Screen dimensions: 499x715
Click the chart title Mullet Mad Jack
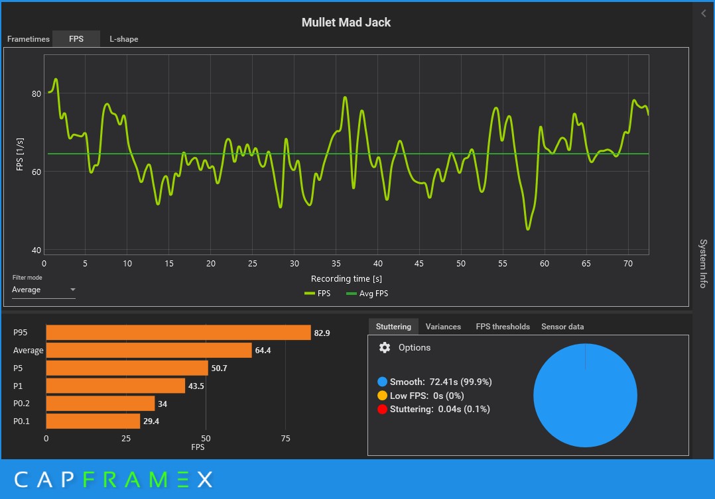point(346,23)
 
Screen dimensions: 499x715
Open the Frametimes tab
point(29,39)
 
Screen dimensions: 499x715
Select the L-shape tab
point(124,39)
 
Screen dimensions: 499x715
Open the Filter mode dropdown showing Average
point(44,290)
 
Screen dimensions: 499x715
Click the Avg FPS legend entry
point(371,293)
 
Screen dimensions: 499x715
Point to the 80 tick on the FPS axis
point(36,93)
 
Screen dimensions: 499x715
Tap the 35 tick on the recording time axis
point(336,264)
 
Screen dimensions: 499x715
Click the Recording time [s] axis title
point(346,279)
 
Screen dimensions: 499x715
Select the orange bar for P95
point(178,333)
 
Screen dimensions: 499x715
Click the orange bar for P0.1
point(93,421)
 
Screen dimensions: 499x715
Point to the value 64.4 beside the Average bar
point(263,351)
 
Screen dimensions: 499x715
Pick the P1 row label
point(19,386)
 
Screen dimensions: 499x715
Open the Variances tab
point(443,327)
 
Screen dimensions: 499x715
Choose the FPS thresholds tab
point(503,327)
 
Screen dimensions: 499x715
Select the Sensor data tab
point(562,327)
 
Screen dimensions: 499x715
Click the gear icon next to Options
point(385,348)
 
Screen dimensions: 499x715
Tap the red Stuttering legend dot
point(382,410)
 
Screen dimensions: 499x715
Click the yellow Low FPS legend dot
point(382,396)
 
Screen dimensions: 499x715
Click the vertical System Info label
point(703,263)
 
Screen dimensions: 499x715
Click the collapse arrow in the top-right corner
point(703,13)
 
